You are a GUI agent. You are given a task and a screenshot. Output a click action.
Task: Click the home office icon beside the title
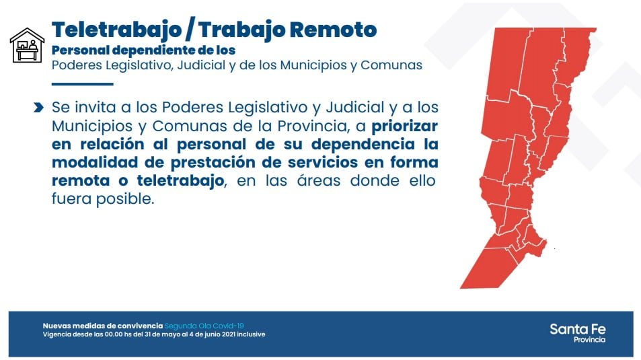[x=27, y=45]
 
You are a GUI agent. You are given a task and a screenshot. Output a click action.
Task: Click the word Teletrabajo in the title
[x=116, y=30]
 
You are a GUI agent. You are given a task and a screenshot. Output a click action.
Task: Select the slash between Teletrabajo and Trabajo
[x=189, y=30]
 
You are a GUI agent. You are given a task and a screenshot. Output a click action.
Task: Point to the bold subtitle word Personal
[x=81, y=50]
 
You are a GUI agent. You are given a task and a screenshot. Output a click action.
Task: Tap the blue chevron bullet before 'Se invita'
[x=38, y=108]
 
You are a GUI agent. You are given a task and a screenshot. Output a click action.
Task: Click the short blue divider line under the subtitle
[x=83, y=84]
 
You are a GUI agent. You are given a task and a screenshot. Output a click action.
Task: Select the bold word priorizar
[x=404, y=127]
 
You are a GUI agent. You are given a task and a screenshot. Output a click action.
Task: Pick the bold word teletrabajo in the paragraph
[x=180, y=181]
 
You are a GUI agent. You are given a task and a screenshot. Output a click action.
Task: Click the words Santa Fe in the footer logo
[x=578, y=329]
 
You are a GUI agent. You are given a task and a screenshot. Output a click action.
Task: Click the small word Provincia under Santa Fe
[x=589, y=340]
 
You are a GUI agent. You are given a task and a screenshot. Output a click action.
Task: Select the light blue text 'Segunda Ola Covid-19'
[x=204, y=326]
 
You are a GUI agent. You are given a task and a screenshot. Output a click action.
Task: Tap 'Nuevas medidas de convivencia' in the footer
[x=103, y=326]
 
